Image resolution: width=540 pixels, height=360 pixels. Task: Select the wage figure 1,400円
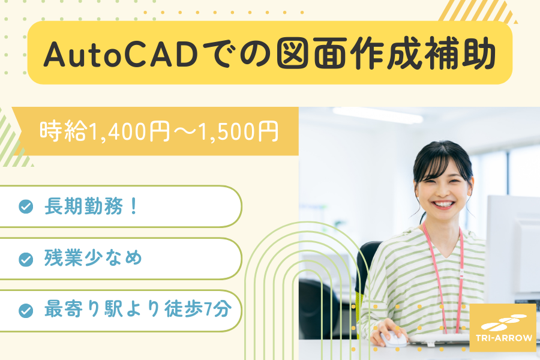pyautogui.click(x=129, y=131)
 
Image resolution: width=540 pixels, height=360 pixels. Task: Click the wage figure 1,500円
pyautogui.click(x=238, y=131)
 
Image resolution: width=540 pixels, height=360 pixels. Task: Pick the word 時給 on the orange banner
pyautogui.click(x=63, y=131)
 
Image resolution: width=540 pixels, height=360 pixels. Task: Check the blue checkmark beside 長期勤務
pyautogui.click(x=26, y=206)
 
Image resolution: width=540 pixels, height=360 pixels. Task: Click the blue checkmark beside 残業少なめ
pyautogui.click(x=26, y=259)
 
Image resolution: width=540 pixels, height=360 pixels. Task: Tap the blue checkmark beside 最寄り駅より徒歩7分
pyautogui.click(x=26, y=310)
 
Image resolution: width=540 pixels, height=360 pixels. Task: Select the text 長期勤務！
pyautogui.click(x=92, y=206)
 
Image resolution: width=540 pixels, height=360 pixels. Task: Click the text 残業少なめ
pyautogui.click(x=93, y=258)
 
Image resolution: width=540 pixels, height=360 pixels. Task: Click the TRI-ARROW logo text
pyautogui.click(x=504, y=338)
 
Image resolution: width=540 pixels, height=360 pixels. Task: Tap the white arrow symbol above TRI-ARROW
pyautogui.click(x=504, y=322)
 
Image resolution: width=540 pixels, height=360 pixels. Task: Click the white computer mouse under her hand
pyautogui.click(x=393, y=340)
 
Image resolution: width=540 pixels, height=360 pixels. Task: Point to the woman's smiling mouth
pyautogui.click(x=443, y=204)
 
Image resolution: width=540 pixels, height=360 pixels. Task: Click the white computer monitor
pyautogui.click(x=513, y=248)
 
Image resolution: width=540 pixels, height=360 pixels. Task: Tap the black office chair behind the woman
pyautogui.click(x=365, y=275)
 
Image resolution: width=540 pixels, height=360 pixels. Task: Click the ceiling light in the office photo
pyautogui.click(x=377, y=115)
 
